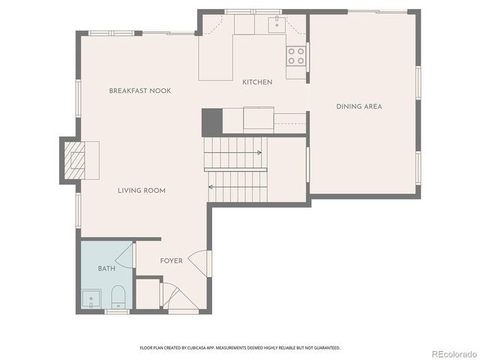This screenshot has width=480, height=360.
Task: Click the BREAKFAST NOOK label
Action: coord(140,91)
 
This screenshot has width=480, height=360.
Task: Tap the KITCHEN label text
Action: coord(257,82)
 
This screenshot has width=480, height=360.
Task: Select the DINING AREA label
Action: coord(358,106)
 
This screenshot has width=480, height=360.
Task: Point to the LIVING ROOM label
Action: coord(141,190)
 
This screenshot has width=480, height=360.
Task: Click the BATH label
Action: coord(106,268)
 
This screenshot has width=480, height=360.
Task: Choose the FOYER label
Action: coord(171,261)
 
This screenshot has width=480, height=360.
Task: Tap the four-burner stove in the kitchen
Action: coord(295,55)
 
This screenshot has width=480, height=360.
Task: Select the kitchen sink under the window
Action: coord(277,25)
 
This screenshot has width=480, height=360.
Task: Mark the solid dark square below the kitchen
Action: coord(211,122)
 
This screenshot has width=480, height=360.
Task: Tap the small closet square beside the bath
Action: coord(148,294)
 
